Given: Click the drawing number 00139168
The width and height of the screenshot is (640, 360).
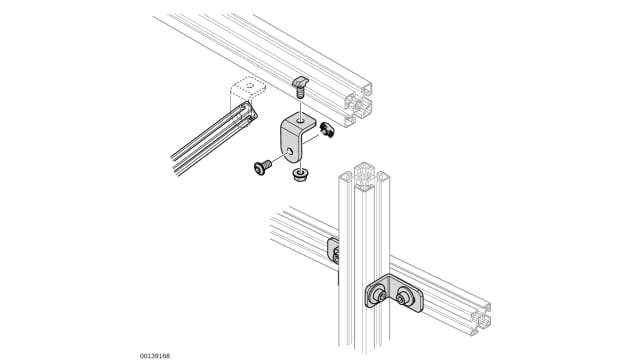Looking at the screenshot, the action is point(155,356).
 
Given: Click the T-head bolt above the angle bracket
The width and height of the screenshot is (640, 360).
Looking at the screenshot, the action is point(301,87).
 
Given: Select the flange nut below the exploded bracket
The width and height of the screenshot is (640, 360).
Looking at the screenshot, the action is point(300,176).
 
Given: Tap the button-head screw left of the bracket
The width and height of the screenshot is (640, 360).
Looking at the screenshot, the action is point(262,167).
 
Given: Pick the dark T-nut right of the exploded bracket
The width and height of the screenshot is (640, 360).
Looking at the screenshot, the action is point(327,130).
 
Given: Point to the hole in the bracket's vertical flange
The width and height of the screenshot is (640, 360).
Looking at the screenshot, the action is point(290,152).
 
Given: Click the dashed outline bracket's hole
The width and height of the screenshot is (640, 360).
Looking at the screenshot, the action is point(250,86).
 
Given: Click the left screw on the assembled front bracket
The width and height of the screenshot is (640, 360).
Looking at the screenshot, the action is point(380,295).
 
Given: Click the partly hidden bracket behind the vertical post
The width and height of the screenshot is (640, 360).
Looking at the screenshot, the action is point(333,251).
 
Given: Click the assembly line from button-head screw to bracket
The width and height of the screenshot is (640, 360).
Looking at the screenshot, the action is point(280,158).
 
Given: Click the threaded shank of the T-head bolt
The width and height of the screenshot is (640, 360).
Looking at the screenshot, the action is point(300,93).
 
